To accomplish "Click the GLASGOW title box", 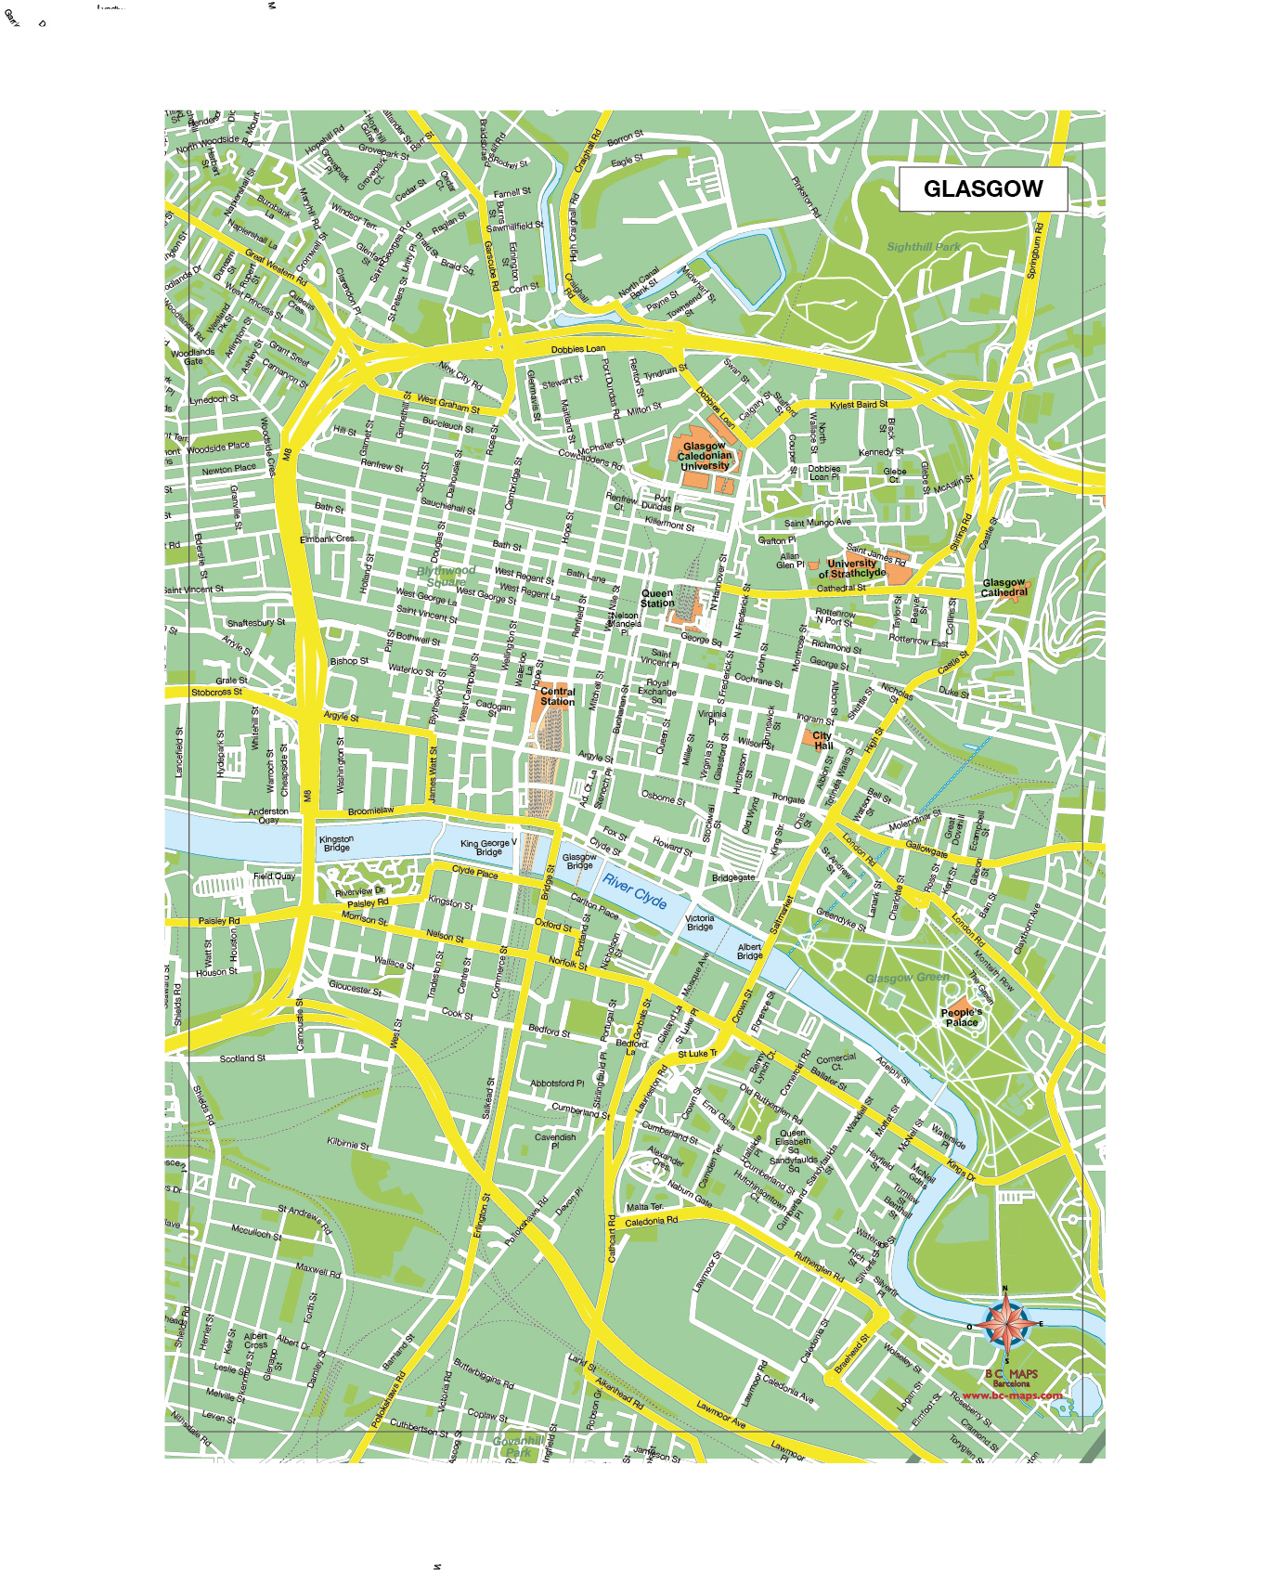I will pos(983,188).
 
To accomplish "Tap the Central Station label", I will pos(557,696).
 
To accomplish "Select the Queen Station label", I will pos(657,598).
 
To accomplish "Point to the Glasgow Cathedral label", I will pos(1004,588).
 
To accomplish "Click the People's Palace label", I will pos(961,1017).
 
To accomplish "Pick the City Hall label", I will pos(822,740).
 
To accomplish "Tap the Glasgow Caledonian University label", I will pos(705,456).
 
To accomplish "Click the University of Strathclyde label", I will pos(852,568).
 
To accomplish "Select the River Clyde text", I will pos(635,890).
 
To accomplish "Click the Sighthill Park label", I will pos(923,247).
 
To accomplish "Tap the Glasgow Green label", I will pos(907,978).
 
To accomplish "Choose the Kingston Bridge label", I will pos(336,843).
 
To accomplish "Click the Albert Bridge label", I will pos(749,952).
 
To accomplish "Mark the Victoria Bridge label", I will pos(700,922).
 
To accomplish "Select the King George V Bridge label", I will pos(488,847).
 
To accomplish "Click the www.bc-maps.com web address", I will pos(1012,1395).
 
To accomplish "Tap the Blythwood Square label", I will pos(447,576).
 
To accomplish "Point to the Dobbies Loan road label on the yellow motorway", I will pos(577,349).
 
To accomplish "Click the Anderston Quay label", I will pos(268,815).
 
